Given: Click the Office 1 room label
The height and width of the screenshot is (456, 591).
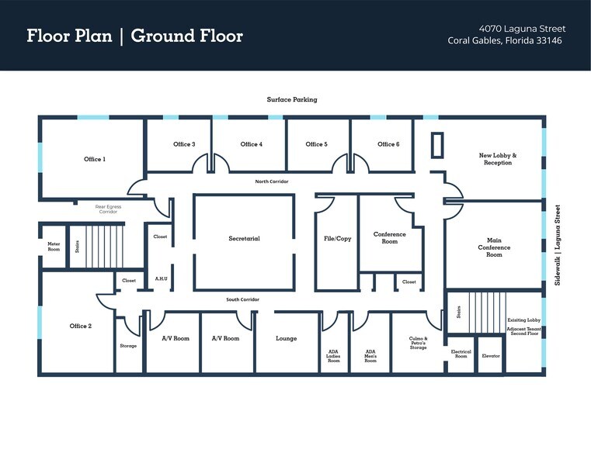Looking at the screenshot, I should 94,159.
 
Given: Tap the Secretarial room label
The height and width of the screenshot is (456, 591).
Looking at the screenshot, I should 244,239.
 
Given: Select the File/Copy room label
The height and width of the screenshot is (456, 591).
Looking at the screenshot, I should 337,239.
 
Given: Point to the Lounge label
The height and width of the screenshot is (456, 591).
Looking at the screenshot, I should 286,339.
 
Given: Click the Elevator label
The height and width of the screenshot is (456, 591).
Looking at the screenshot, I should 491,356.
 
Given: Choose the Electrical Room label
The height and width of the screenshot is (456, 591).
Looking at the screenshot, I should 461,354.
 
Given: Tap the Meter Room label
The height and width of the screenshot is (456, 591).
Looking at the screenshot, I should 54,247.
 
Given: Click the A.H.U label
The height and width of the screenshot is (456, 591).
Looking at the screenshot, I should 162,278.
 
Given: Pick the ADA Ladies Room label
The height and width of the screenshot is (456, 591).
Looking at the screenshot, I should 333,356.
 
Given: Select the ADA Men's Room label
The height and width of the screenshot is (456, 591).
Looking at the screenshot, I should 370,356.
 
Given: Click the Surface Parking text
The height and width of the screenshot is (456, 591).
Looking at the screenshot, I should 292,100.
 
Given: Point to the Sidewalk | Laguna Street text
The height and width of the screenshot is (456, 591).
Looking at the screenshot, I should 557,245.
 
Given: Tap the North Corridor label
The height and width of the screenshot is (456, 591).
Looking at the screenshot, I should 272,181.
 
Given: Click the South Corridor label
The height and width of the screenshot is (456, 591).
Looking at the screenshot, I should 243,299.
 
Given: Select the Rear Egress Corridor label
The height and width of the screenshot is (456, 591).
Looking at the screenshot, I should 108,209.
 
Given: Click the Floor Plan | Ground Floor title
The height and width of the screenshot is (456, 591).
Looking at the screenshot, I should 134,36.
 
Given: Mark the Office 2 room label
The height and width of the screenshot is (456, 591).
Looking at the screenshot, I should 80,326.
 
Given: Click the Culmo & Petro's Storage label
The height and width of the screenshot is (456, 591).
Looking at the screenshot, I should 418,343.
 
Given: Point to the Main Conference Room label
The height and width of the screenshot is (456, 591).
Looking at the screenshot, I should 495,247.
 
